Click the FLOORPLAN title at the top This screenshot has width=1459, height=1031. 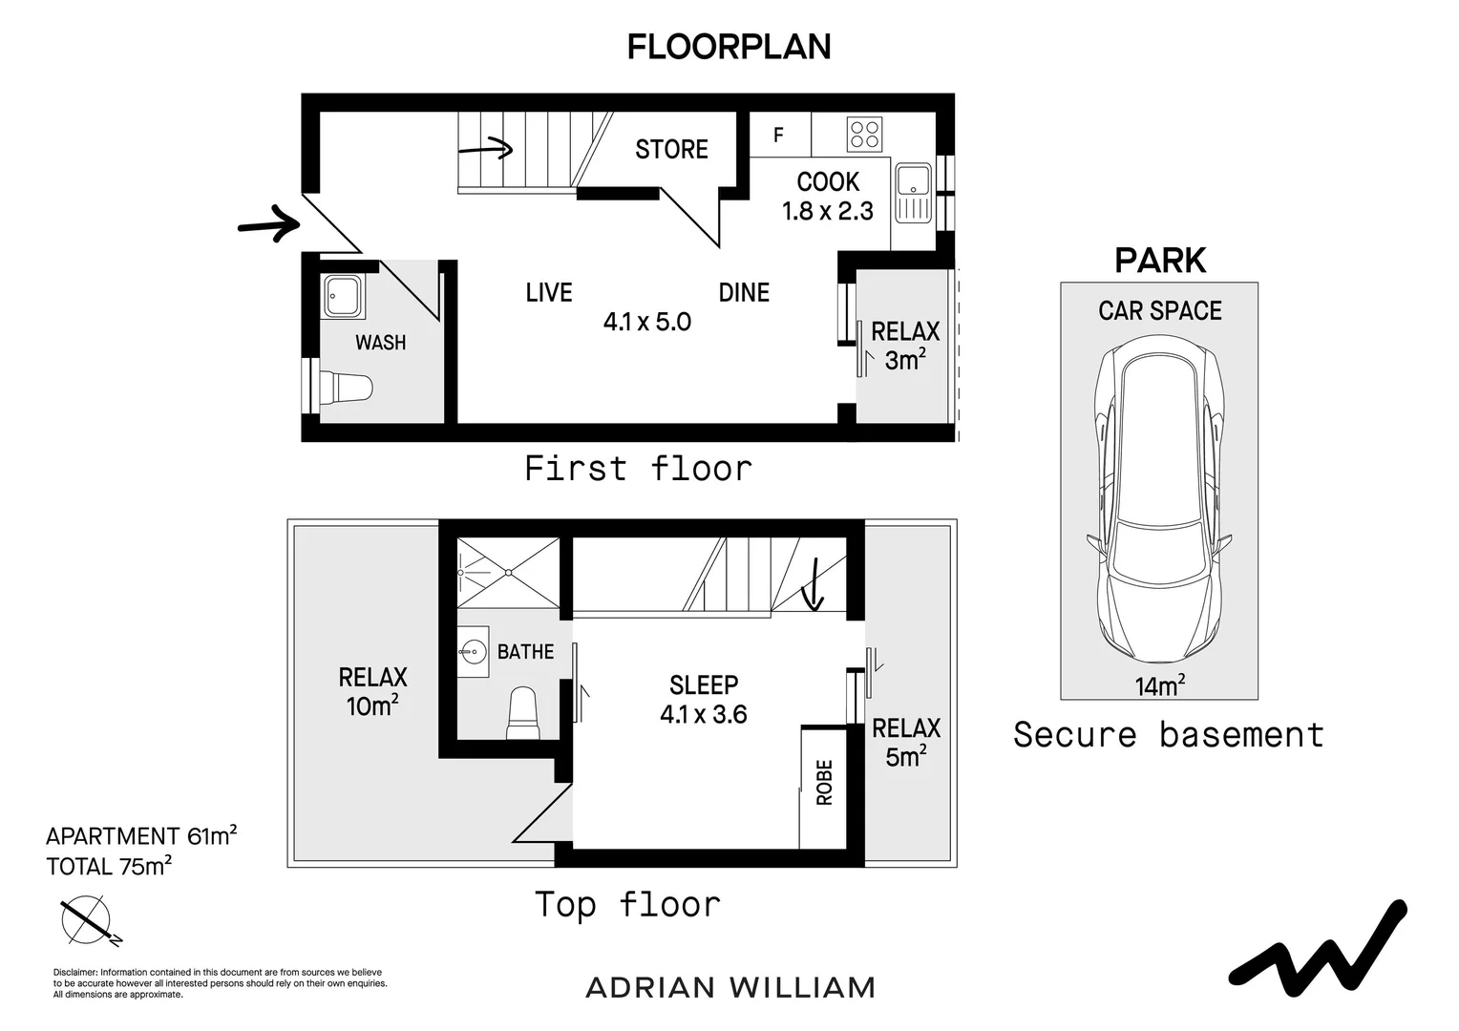729,47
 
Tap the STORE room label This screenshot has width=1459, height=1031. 671,149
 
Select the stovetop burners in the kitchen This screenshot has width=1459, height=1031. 865,134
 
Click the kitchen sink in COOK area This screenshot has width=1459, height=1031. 913,192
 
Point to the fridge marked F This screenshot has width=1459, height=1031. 778,136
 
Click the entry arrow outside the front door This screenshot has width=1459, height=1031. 268,224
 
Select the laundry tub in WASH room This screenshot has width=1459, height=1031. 342,296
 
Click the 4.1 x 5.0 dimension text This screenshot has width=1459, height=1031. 646,322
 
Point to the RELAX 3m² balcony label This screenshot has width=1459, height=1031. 905,346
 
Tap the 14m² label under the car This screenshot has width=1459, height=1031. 1159,685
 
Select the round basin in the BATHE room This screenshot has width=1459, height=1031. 473,653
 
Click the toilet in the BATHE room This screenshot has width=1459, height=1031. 522,713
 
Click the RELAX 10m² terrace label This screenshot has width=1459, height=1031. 372,691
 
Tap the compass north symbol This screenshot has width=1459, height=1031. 86,920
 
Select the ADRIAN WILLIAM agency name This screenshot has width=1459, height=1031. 729,987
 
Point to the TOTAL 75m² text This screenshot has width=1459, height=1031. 109,867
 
